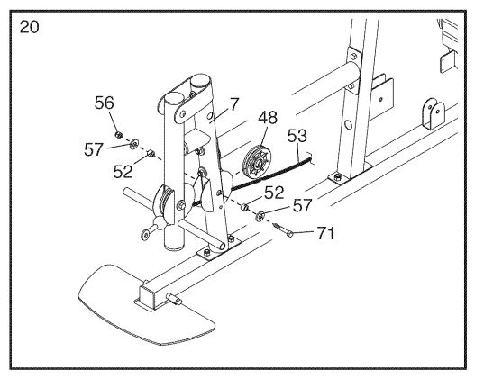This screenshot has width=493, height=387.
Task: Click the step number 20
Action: pos(29,27)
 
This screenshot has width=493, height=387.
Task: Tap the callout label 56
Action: pos(104,103)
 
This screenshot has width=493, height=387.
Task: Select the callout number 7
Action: pos(234,104)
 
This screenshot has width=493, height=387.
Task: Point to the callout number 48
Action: pos(268,118)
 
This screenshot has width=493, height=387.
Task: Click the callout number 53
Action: pos(297,136)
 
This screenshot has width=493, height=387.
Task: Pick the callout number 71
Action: pos(325,233)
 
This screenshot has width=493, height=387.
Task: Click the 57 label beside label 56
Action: pos(94,149)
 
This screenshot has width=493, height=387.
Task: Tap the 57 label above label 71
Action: pos(302,205)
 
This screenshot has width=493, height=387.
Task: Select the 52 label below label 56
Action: pos(123,172)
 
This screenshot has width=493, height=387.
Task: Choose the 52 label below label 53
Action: pos(274,193)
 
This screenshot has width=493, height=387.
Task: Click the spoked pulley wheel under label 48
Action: pos(256,162)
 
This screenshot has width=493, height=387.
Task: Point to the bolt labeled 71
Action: pos(283,229)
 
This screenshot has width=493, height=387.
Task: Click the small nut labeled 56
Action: pos(119,135)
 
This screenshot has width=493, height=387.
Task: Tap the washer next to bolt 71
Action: pos(260,216)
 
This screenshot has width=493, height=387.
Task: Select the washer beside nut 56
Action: pos(134,144)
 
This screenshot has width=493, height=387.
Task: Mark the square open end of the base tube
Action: pos(148,295)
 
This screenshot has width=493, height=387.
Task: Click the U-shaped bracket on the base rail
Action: pos(434,113)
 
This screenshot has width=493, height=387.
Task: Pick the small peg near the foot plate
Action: pos(175,299)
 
